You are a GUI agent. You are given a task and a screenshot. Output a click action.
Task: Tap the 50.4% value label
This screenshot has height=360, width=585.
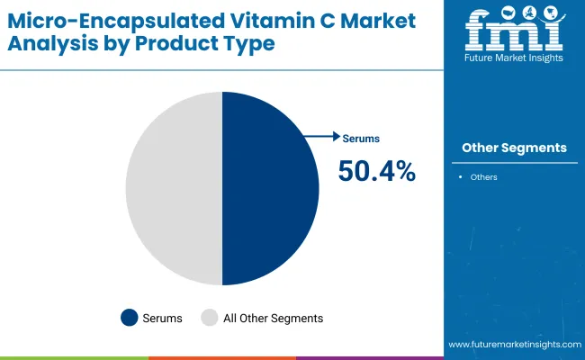pyautogui.click(x=376, y=171)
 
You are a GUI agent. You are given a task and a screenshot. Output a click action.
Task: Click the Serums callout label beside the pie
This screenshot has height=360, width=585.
pyautogui.click(x=362, y=139)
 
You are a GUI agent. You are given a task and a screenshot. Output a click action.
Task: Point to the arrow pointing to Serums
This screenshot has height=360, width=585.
pyautogui.click(x=322, y=137)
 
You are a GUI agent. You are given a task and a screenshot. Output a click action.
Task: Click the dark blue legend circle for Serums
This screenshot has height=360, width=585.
pyautogui.click(x=130, y=318)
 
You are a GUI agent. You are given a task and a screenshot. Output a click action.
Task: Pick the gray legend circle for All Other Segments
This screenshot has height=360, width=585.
pyautogui.click(x=210, y=318)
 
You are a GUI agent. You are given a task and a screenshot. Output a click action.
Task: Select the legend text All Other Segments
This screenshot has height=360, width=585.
pyautogui.click(x=273, y=318)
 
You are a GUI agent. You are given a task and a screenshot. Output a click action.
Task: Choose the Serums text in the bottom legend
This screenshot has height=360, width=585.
pyautogui.click(x=163, y=318)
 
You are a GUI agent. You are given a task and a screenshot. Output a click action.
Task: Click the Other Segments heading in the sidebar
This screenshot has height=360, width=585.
pyautogui.click(x=514, y=148)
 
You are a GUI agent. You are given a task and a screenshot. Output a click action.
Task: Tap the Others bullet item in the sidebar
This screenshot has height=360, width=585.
pyautogui.click(x=483, y=177)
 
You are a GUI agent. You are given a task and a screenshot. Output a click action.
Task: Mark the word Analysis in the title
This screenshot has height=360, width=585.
pyautogui.click(x=49, y=43)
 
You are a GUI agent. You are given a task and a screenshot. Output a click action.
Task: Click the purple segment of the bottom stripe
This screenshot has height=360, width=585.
pyautogui.click(x=369, y=357)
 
